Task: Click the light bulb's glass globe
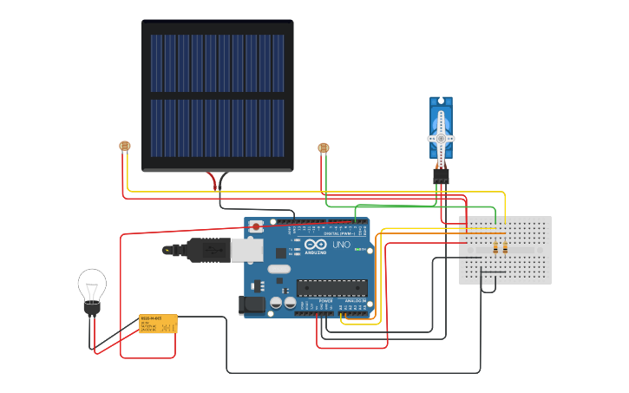click(92, 283)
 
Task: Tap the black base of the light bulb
click(92, 307)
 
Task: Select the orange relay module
click(158, 324)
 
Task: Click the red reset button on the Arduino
click(256, 226)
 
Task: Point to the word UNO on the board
click(341, 245)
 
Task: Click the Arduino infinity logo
click(318, 246)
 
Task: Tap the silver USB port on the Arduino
click(246, 250)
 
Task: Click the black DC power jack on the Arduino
click(252, 305)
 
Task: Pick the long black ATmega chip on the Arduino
click(331, 287)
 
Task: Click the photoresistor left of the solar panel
click(125, 147)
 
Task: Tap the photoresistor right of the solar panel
click(324, 148)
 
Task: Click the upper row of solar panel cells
click(217, 62)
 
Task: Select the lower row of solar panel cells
click(217, 128)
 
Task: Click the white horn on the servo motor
click(441, 139)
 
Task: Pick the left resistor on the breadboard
click(495, 249)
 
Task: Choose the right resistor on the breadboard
click(506, 249)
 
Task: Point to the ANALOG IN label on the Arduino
click(356, 300)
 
